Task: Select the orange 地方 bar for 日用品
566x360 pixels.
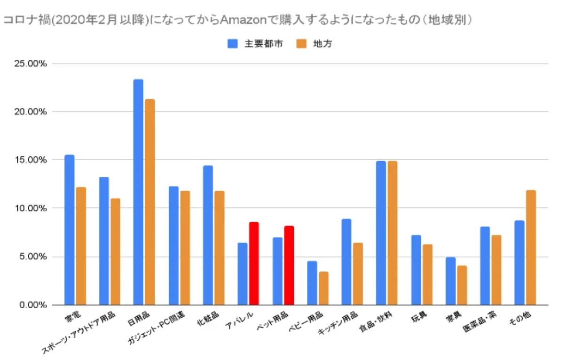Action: point(150,202)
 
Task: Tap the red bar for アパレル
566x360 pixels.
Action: point(254,263)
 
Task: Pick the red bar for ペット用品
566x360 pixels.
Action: point(289,265)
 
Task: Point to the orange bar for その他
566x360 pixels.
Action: point(531,247)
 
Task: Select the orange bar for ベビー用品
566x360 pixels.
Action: point(323,288)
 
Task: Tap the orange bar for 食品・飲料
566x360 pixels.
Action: point(393,233)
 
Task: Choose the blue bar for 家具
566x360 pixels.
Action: point(450,281)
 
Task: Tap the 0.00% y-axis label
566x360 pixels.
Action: point(33,305)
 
